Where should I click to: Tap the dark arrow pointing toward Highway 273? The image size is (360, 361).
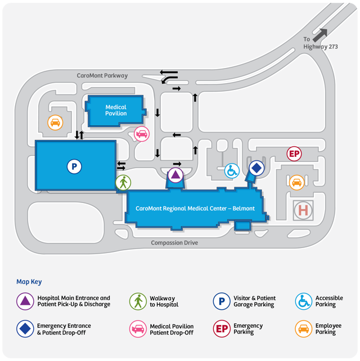(x=321, y=34)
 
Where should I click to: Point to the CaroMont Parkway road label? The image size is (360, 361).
(x=102, y=75)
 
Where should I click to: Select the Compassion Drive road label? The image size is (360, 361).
(x=174, y=243)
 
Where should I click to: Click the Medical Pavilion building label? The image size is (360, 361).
(x=116, y=110)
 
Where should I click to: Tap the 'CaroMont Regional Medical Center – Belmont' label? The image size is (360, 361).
(x=195, y=209)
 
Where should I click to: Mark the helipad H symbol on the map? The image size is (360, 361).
(x=303, y=210)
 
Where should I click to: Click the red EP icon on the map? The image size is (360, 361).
(x=294, y=154)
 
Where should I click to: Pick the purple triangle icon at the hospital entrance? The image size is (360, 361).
(x=175, y=175)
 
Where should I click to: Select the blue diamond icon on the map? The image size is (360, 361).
(x=256, y=168)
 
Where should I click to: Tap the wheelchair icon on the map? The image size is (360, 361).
(x=232, y=170)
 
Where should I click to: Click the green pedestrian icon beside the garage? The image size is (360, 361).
(x=123, y=182)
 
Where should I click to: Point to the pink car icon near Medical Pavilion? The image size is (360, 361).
(x=142, y=134)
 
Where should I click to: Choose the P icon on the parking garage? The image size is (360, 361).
(x=74, y=166)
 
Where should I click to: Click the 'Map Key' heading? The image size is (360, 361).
(x=29, y=282)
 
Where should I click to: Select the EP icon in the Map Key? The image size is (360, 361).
(x=222, y=328)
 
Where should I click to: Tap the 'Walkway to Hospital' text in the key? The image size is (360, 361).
(x=164, y=301)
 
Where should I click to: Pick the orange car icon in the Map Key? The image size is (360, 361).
(x=304, y=328)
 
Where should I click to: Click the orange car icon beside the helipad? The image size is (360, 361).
(x=296, y=182)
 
